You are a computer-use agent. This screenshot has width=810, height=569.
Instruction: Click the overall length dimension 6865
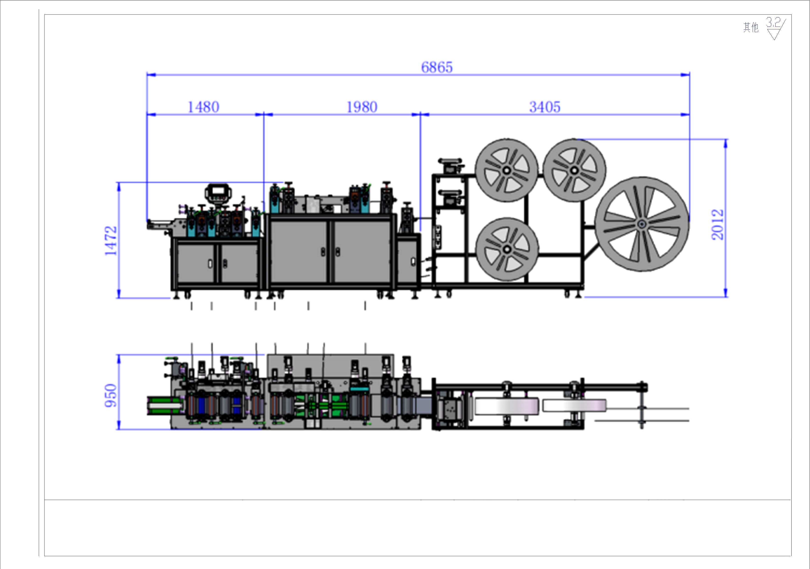pyautogui.click(x=437, y=67)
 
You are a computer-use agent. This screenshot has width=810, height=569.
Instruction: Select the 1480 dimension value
pyautogui.click(x=203, y=107)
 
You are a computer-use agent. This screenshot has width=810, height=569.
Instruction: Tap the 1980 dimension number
pyautogui.click(x=362, y=107)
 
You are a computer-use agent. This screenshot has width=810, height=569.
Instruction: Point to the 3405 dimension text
pyautogui.click(x=545, y=107)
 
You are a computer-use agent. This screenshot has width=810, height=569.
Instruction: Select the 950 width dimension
pyautogui.click(x=110, y=395)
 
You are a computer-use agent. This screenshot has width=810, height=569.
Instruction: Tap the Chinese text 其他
pyautogui.click(x=751, y=27)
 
